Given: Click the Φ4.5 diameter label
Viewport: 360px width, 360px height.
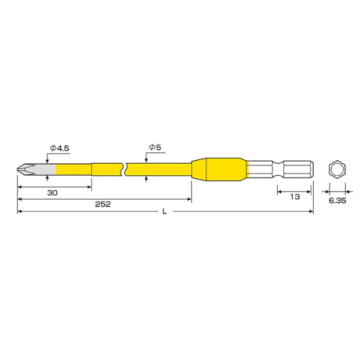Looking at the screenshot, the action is (59, 148).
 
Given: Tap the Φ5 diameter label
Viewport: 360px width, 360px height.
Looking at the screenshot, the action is (155, 147).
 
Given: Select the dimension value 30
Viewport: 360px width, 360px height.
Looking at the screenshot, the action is (52, 193).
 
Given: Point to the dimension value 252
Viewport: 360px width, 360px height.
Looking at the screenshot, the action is (103, 204).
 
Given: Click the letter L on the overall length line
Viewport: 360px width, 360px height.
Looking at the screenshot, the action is (164, 211).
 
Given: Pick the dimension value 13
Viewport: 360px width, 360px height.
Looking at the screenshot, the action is (295, 197).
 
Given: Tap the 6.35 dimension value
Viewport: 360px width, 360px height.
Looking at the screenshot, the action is (337, 200).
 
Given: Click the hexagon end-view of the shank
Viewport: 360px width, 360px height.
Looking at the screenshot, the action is (337, 170).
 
